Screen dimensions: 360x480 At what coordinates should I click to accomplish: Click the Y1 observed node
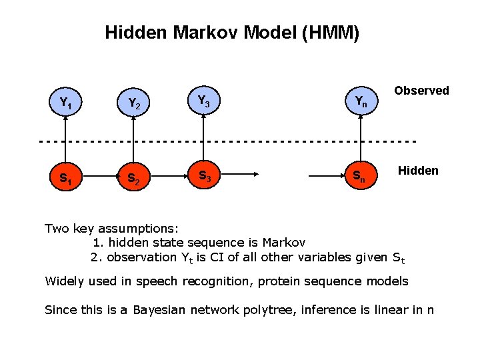[65, 103]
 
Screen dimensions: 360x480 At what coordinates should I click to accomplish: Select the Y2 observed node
[134, 103]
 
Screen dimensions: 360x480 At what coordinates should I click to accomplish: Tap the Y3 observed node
[204, 101]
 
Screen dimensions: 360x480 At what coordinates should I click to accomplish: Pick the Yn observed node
[359, 101]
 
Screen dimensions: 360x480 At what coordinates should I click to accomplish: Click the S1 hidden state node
[65, 178]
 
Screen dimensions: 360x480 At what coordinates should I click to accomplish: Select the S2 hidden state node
[134, 178]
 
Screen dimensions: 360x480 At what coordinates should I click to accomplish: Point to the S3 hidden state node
[204, 176]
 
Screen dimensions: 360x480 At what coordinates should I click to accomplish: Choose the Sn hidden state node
[359, 176]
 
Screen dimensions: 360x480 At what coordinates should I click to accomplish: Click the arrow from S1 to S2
[99, 177]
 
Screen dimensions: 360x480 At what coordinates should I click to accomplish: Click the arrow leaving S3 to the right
[241, 176]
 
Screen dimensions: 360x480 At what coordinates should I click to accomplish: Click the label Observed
[421, 91]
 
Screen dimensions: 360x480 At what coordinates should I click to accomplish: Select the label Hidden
[418, 171]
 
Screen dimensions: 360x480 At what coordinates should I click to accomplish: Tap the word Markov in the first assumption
[284, 243]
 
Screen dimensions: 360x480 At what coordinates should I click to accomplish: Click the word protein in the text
[281, 281]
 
